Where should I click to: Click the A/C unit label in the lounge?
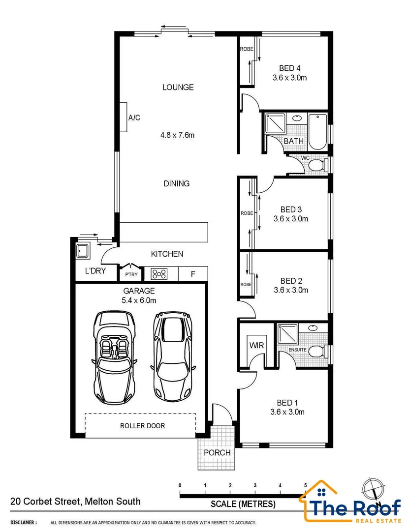[x=134, y=118]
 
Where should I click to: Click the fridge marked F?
[x=193, y=274]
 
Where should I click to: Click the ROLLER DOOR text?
[x=142, y=426]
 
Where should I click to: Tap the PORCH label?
[x=217, y=452]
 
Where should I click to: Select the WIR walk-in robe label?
[x=257, y=346]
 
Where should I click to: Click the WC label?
[x=305, y=158]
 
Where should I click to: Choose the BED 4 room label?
[x=290, y=68]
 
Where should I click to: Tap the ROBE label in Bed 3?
[x=247, y=213]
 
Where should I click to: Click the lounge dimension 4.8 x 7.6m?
[x=178, y=135]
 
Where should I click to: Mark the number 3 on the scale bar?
[x=255, y=485]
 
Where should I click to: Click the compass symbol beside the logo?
[x=373, y=488]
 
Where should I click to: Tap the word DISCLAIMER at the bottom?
[x=23, y=523]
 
